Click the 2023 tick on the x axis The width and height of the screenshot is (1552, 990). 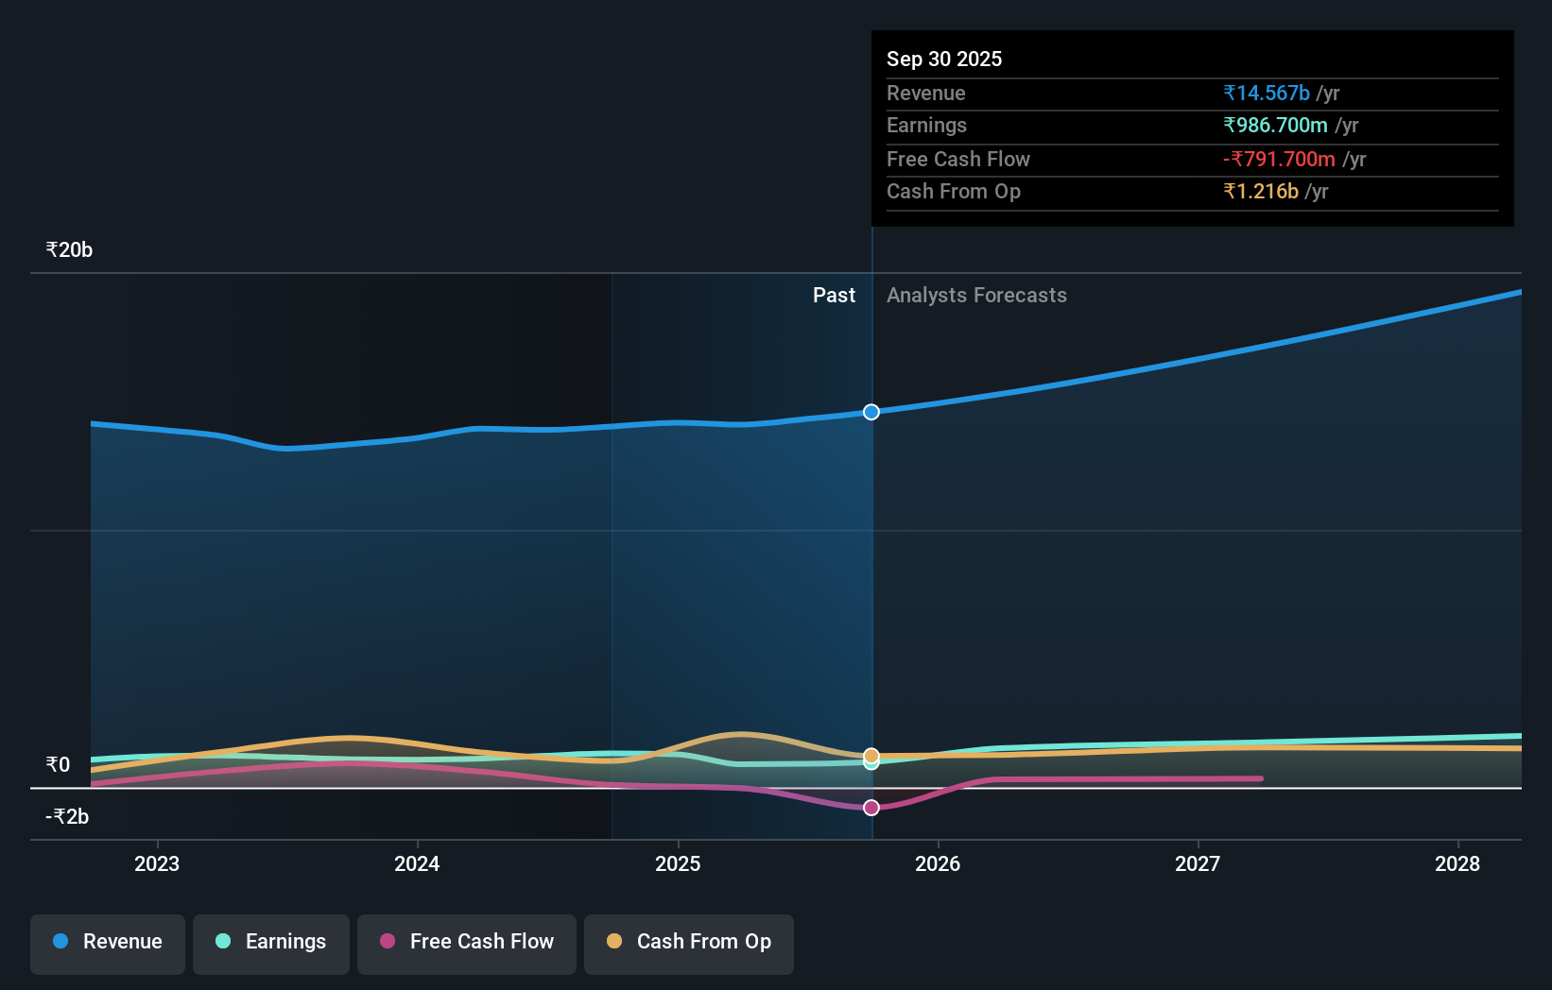(157, 863)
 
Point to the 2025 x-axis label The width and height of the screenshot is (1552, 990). (678, 863)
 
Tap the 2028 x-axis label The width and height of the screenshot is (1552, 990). (1457, 863)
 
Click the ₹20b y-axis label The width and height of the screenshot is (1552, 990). (69, 250)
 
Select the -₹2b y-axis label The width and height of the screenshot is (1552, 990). (67, 816)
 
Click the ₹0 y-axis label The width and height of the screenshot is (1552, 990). (58, 764)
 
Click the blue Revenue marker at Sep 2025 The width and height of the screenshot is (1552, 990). (871, 412)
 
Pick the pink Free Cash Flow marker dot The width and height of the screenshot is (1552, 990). (871, 808)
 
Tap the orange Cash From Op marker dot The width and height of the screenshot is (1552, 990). (871, 755)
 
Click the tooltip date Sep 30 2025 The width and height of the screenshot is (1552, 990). (944, 59)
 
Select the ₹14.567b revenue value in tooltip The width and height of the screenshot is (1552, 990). (1267, 93)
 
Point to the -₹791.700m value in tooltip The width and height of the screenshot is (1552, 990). (1279, 159)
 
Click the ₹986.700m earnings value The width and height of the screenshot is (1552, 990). (1275, 126)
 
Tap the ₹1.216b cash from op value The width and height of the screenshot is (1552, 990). (1261, 192)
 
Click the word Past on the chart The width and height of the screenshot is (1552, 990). (834, 296)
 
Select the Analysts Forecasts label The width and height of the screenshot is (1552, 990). (976, 296)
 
